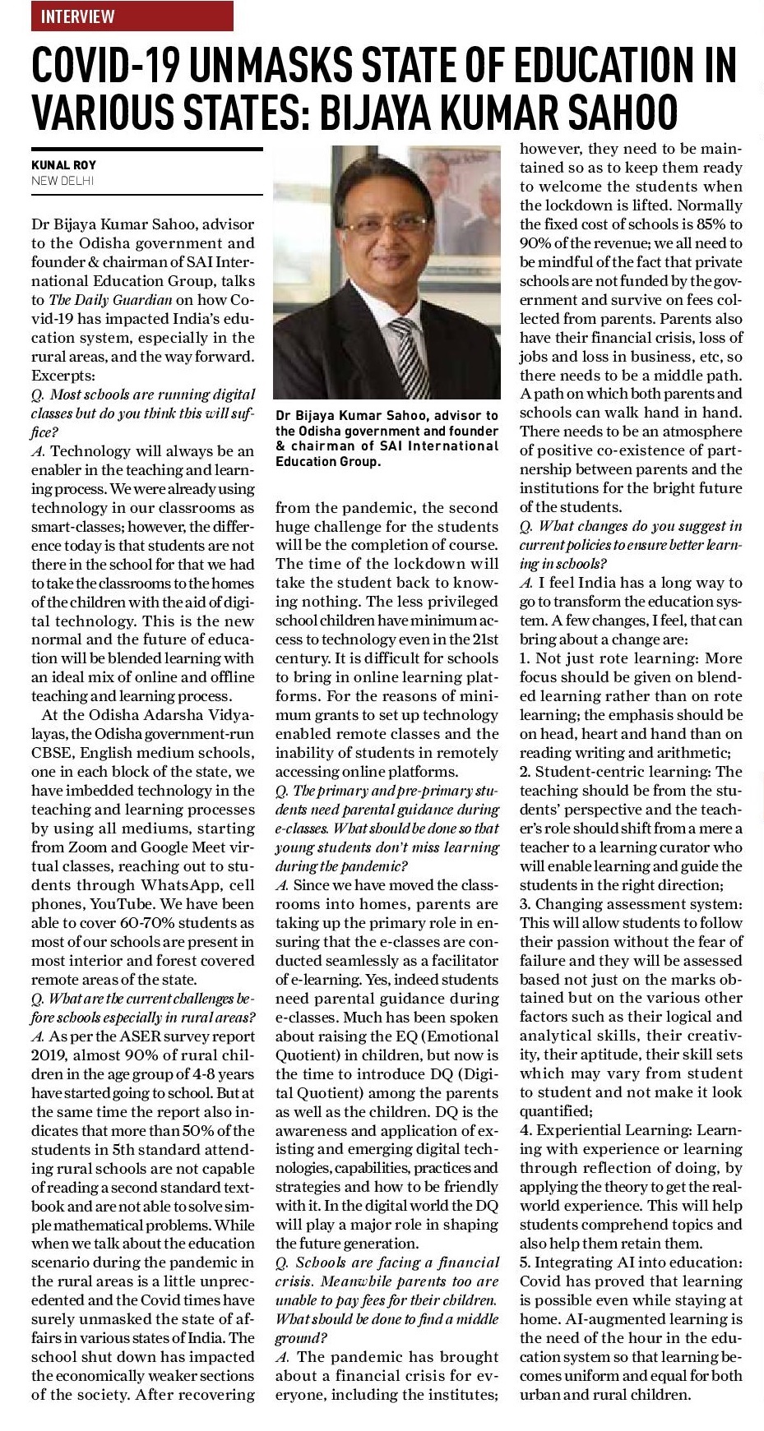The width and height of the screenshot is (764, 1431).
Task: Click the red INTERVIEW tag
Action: [x=132, y=16]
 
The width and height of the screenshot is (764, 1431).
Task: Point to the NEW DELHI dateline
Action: [x=63, y=180]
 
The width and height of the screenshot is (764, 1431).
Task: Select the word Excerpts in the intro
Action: [x=61, y=376]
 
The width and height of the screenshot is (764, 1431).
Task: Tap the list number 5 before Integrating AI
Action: [x=525, y=1263]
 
